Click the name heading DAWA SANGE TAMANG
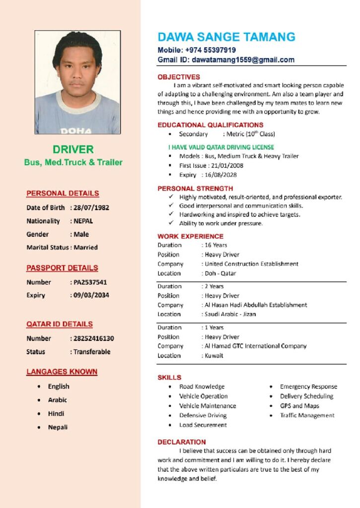226,37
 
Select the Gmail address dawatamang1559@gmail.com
243,60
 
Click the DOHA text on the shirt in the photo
76,131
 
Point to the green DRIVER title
73,149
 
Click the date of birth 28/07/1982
91,207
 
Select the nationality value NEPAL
83,221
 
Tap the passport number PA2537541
90,282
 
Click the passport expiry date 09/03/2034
91,295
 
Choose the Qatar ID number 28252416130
93,338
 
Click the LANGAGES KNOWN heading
62,372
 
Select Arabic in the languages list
58,400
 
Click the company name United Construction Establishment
252,264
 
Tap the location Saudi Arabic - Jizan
230,314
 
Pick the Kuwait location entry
214,356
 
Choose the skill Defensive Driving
203,415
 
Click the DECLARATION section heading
182,442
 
